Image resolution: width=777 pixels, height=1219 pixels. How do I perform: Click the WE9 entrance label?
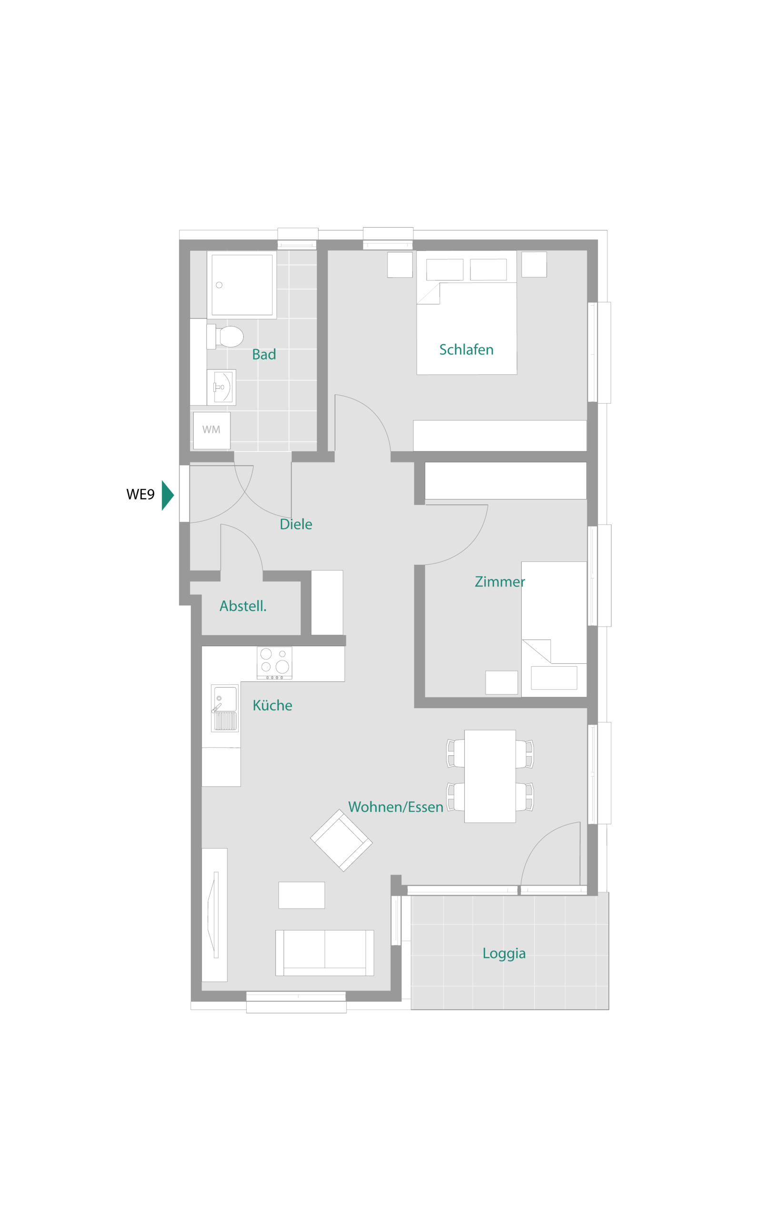pos(140,495)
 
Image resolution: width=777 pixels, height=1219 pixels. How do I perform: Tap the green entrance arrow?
pos(168,495)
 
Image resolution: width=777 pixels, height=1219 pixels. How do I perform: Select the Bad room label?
pos(264,354)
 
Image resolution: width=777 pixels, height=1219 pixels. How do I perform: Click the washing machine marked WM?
pos(211,430)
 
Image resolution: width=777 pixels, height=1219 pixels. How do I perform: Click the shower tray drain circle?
pos(219,285)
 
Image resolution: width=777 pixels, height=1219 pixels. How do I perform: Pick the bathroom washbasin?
pos(221,387)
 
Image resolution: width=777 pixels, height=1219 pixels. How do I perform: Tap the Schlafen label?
pos(466,350)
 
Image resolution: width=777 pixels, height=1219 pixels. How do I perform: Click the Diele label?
pos(296,524)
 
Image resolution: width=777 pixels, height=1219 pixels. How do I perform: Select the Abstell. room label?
pos(243,606)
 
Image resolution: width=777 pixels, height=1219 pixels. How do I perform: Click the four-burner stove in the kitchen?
pos(274,663)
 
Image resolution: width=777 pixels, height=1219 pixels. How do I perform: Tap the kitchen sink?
pos(225,708)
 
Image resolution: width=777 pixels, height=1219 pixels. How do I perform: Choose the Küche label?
pos(272,705)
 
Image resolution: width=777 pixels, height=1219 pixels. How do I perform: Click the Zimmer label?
pos(499,582)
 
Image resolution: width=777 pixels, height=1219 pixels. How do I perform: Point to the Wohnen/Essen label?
pos(396,807)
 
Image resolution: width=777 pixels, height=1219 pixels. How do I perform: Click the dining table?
pos(490,776)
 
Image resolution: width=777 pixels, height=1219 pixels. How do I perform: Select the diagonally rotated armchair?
pos(341,840)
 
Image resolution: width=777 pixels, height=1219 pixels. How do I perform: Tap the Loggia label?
pos(504,954)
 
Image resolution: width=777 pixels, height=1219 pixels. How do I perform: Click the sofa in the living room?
pos(325,953)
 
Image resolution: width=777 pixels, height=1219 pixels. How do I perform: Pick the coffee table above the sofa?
pos(302,895)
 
